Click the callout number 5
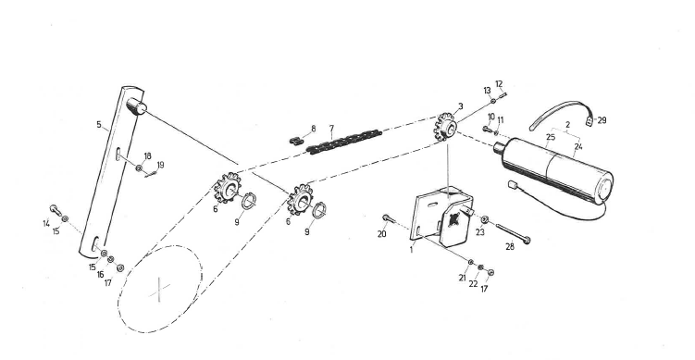point(98,122)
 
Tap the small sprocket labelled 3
point(446,127)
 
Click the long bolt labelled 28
point(512,232)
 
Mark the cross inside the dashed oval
point(161,291)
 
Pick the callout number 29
point(602,120)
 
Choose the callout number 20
point(382,234)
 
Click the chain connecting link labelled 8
point(294,141)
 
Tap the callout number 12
point(499,84)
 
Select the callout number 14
point(46,222)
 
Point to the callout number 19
point(160,166)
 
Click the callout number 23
point(479,233)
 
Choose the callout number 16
point(101,274)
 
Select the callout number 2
point(566,123)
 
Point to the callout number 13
point(487,90)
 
